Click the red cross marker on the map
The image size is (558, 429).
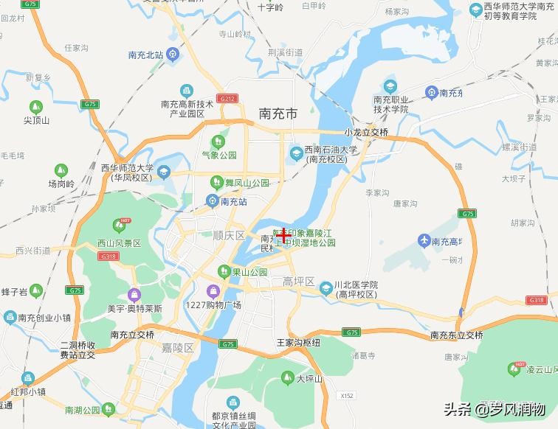coord(283,235)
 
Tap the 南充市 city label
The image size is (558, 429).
coord(278,114)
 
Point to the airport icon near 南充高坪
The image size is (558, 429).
coord(424,241)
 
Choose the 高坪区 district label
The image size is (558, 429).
coord(298,282)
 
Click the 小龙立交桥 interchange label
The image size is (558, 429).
coord(366,132)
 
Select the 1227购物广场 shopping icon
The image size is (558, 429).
coord(214,292)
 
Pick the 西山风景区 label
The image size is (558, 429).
coord(118,243)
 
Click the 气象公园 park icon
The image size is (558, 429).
coord(218,142)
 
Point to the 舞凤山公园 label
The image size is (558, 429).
coord(247,182)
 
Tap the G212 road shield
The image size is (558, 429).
coord(228,98)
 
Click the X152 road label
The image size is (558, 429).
coord(348,396)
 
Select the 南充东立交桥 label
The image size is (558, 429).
coord(456,335)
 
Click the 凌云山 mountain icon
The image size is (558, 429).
coord(514,368)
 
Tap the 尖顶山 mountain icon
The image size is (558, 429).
coord(35,107)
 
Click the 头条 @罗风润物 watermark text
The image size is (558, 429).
coord(495,408)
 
